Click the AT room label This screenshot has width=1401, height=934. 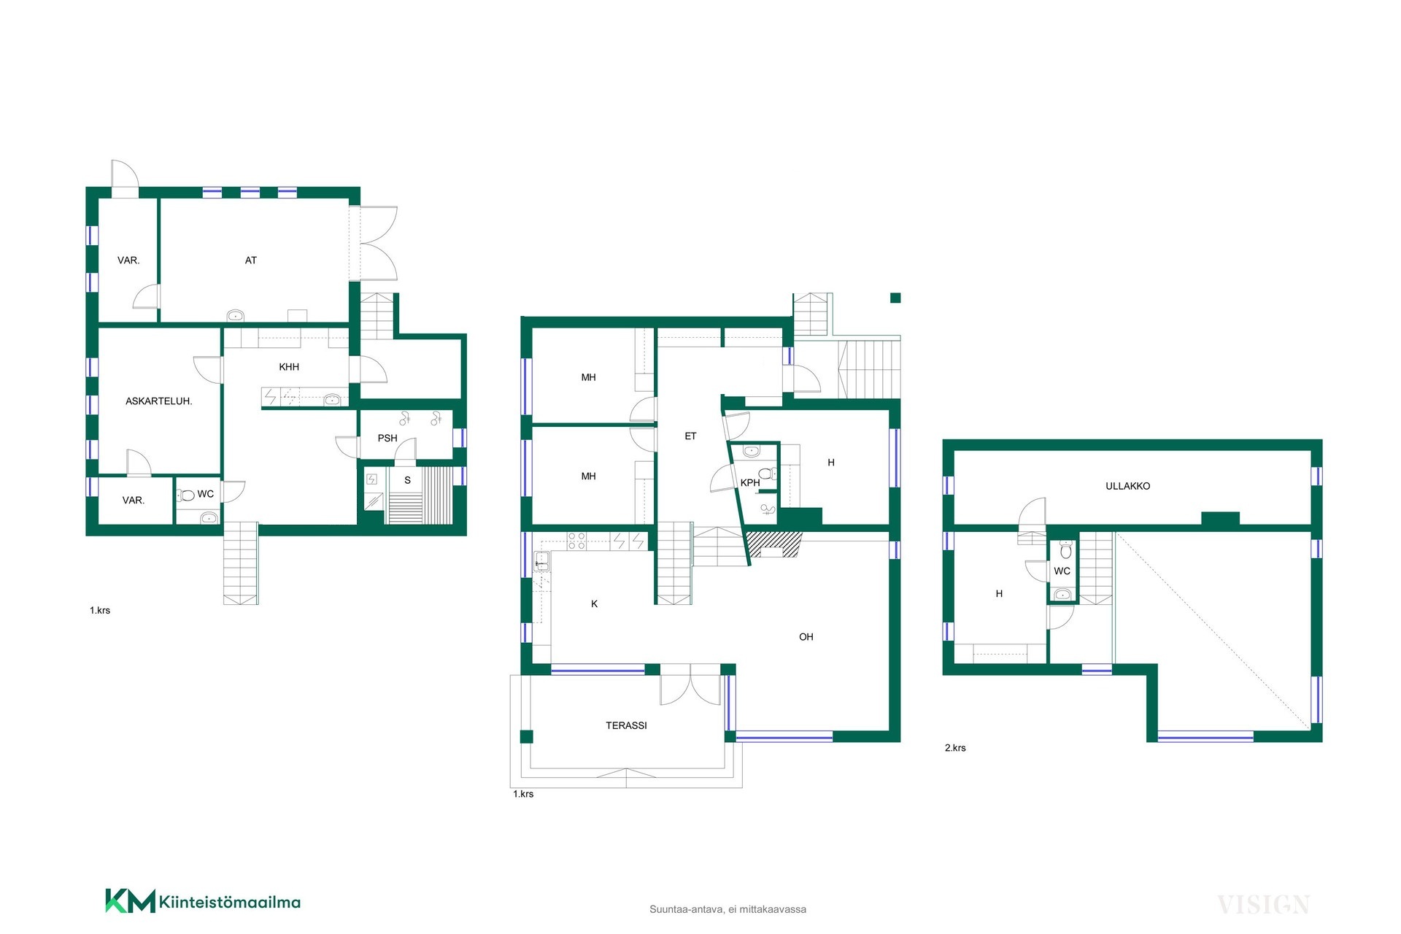pyautogui.click(x=251, y=260)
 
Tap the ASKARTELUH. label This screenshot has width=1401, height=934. pyautogui.click(x=159, y=401)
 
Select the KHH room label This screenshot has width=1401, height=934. pyautogui.click(x=289, y=367)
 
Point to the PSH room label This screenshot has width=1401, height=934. pyautogui.click(x=387, y=439)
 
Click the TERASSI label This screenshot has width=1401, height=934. pyautogui.click(x=626, y=725)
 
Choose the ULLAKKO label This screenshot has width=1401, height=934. pyautogui.click(x=1127, y=486)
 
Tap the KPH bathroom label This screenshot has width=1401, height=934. pyautogui.click(x=750, y=482)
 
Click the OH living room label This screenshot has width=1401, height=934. pyautogui.click(x=806, y=637)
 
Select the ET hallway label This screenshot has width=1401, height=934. pyautogui.click(x=690, y=436)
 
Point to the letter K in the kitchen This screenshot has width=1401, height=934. pyautogui.click(x=595, y=604)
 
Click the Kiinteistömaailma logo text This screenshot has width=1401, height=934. pyautogui.click(x=230, y=902)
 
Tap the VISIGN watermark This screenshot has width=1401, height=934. pyautogui.click(x=1264, y=905)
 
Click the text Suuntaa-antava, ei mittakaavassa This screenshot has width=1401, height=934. pyautogui.click(x=727, y=909)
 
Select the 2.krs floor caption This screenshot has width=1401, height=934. pyautogui.click(x=955, y=748)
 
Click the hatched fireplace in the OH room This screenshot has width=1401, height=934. pyautogui.click(x=774, y=544)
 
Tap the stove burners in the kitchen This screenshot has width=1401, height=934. pyautogui.click(x=576, y=541)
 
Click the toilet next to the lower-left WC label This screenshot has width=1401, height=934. pyautogui.click(x=187, y=495)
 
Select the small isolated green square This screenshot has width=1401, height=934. pyautogui.click(x=895, y=298)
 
